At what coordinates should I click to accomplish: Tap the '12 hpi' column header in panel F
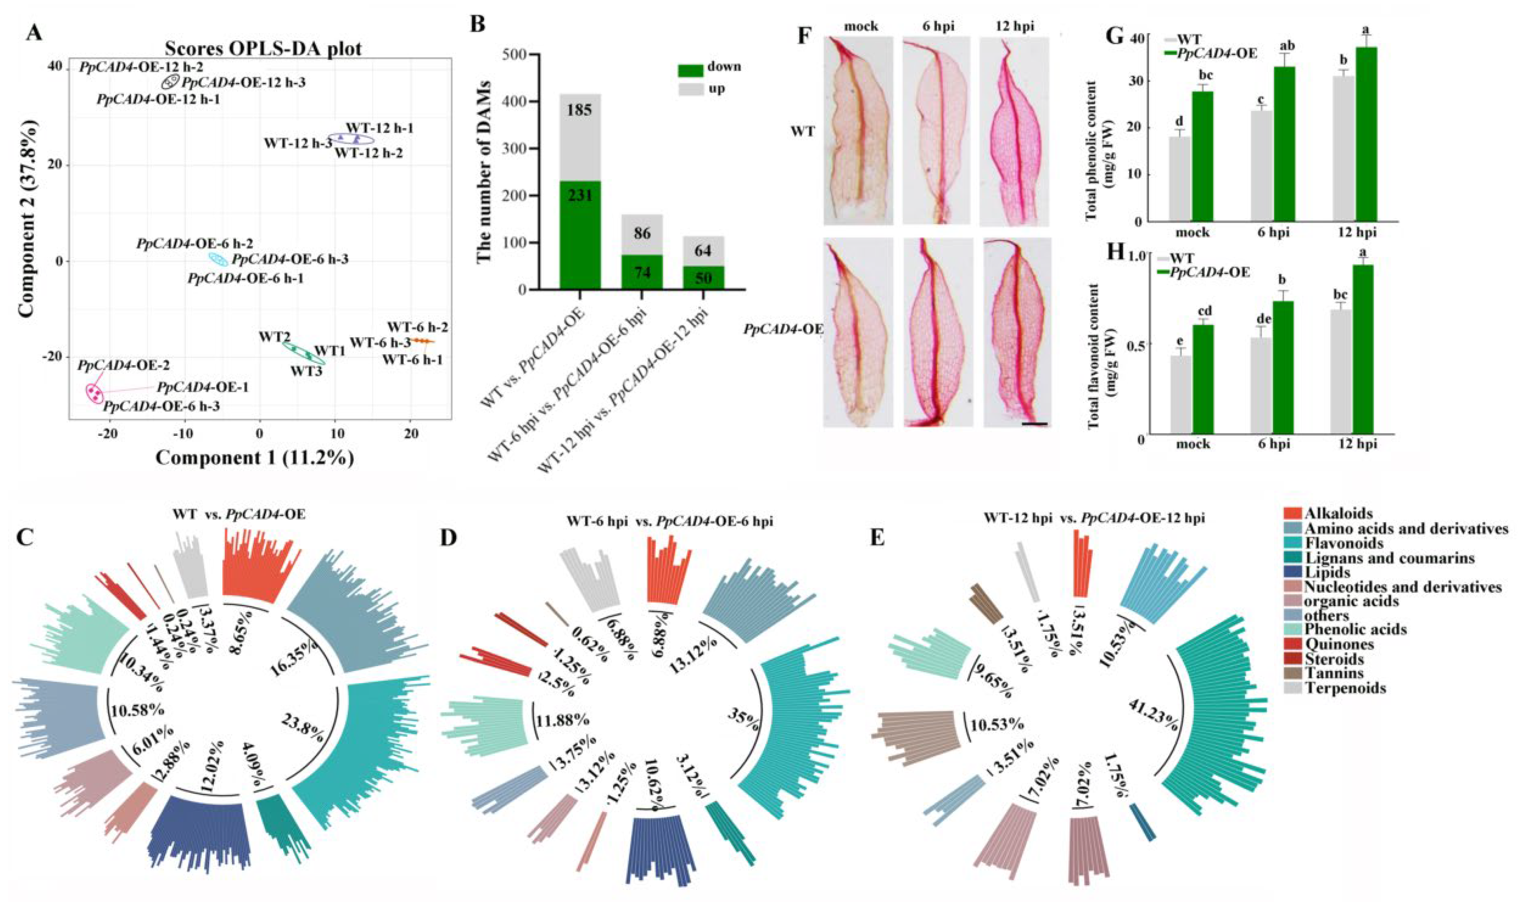click(1015, 27)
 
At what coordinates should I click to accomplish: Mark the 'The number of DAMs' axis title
click(483, 173)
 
